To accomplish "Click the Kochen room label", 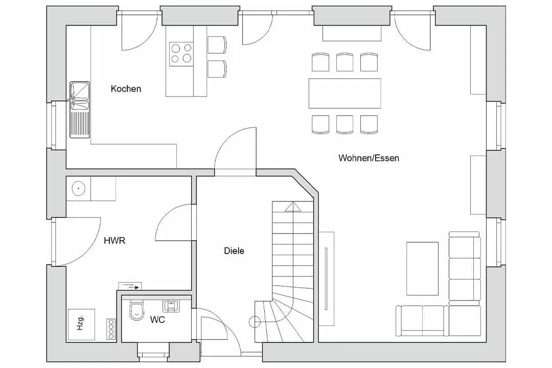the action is click(126, 89).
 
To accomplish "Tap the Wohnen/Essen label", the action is click(369, 158).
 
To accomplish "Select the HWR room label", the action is click(114, 241).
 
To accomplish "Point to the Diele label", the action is click(234, 251).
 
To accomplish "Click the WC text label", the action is click(157, 320).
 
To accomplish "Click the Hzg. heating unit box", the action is click(81, 325).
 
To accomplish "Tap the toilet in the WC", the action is click(136, 310).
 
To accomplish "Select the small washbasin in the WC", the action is click(171, 306).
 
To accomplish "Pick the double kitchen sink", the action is click(80, 109).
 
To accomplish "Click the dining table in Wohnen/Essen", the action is click(344, 94).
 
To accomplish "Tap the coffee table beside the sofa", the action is click(423, 268).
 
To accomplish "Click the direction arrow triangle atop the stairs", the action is click(293, 206).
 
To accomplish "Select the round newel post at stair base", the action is click(255, 321).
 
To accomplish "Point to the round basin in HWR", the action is click(79, 189).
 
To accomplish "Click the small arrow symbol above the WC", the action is click(130, 287).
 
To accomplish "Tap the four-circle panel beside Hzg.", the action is click(111, 329).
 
